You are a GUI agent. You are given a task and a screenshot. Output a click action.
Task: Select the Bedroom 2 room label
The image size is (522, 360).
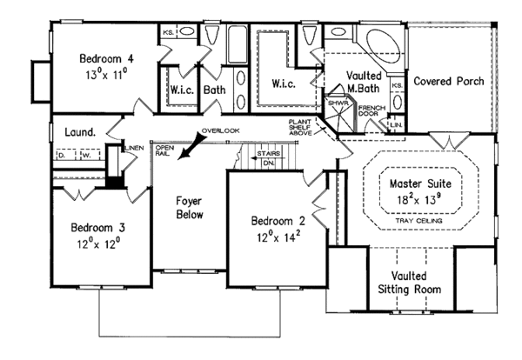(x=274, y=219)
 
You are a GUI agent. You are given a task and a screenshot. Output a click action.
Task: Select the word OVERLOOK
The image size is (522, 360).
(x=218, y=130)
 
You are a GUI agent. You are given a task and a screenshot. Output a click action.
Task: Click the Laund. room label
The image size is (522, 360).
(x=79, y=132)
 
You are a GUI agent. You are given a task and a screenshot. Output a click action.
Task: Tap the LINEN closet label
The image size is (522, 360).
(x=133, y=150)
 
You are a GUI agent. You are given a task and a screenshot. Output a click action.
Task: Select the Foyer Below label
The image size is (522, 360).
(x=188, y=203)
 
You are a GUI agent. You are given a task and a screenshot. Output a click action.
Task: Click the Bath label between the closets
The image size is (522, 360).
(x=215, y=89)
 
